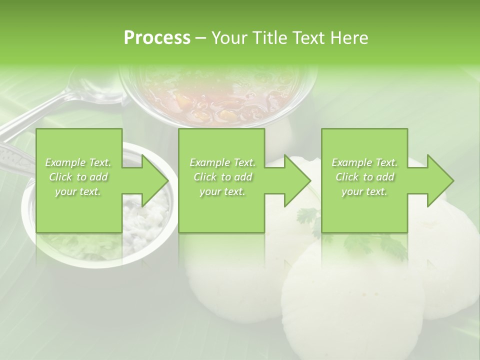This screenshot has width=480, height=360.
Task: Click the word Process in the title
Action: pos(157,37)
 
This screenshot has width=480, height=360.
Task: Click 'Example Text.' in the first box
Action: pos(78,162)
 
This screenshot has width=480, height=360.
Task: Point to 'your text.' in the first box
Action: pos(78,191)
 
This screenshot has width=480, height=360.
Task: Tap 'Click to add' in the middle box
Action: pos(222,177)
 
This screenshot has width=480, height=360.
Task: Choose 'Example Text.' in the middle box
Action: pos(222,162)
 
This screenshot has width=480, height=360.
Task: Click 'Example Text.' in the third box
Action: pos(364,162)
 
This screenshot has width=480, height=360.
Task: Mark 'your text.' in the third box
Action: pos(364,191)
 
